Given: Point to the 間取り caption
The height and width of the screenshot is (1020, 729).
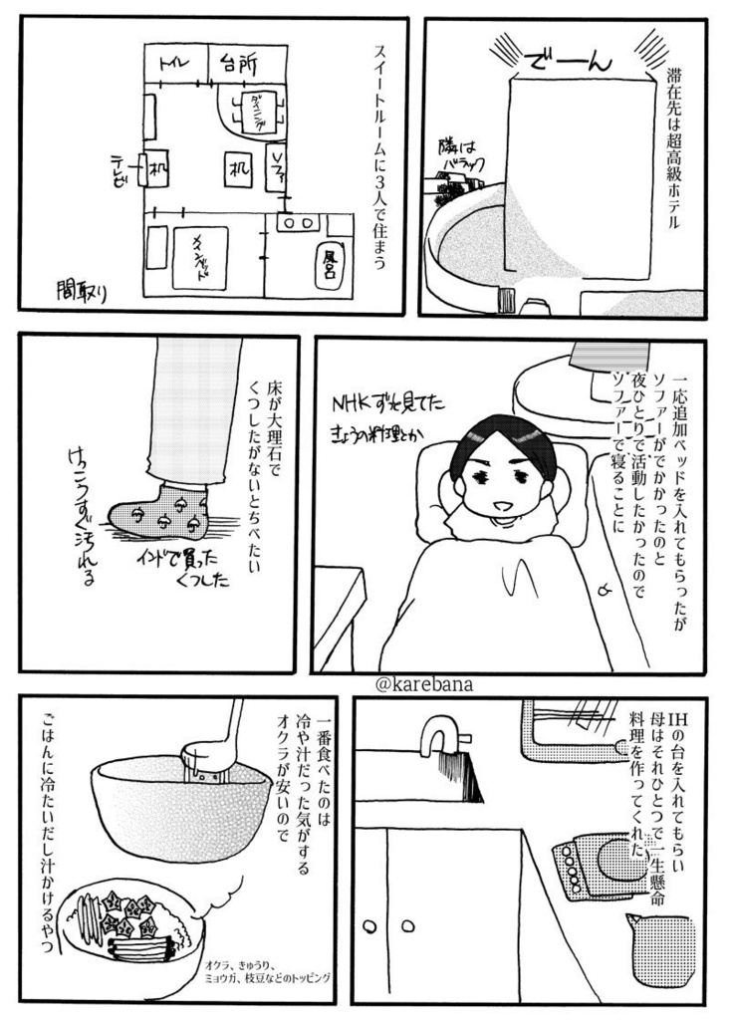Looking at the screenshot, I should pos(88,290).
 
